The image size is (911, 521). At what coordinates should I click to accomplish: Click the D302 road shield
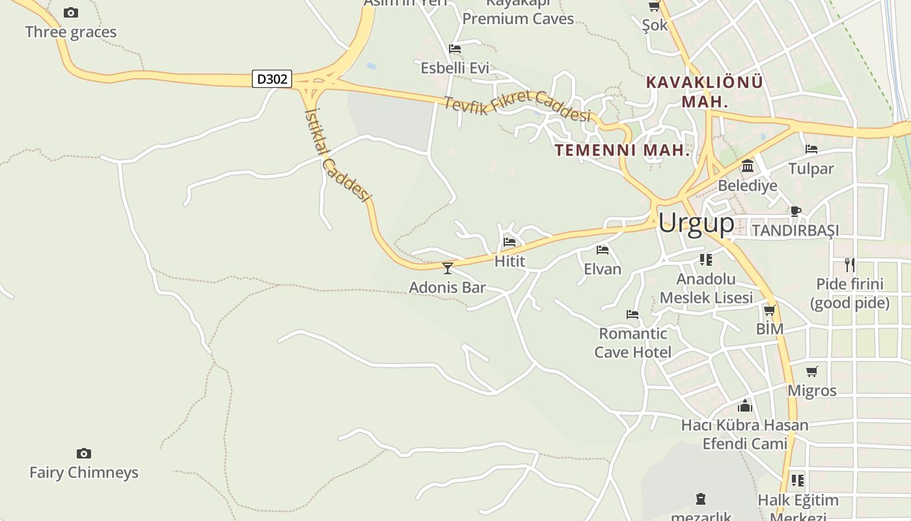[272, 79]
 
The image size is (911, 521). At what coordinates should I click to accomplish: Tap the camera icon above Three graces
[71, 12]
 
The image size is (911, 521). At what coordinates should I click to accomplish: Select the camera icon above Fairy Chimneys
[83, 453]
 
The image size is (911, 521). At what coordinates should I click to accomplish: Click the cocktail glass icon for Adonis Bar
[448, 268]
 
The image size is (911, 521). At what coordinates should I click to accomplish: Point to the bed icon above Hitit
[510, 242]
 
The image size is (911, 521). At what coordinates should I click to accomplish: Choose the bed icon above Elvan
[603, 249]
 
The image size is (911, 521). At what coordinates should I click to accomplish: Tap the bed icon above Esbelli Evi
[455, 49]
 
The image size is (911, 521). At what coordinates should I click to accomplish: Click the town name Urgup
[696, 223]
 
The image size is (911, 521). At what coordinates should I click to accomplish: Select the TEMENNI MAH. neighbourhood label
[622, 150]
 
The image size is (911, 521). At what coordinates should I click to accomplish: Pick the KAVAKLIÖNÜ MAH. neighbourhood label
[704, 92]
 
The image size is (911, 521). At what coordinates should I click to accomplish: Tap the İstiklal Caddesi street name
[337, 154]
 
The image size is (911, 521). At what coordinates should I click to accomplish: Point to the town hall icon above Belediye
[748, 166]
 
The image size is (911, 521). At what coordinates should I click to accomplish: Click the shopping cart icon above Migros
[812, 371]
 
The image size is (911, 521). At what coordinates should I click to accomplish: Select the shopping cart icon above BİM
[770, 310]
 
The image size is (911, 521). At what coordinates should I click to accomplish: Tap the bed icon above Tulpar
[811, 149]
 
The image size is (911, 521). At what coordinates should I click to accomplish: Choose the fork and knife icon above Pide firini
[849, 264]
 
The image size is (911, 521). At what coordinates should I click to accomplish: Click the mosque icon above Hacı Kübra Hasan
[745, 406]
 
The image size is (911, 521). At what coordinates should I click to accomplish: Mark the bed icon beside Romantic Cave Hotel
[632, 315]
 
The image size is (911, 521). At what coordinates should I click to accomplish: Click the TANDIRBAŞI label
[795, 231]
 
